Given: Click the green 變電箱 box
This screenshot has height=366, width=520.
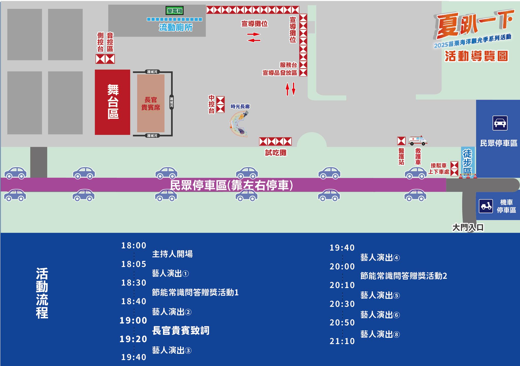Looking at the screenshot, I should (x=175, y=11).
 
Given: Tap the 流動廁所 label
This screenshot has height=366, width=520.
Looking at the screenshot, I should (x=176, y=27).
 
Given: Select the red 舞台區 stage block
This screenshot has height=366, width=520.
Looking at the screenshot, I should (x=112, y=102).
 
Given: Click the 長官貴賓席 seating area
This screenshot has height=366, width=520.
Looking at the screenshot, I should (x=151, y=103).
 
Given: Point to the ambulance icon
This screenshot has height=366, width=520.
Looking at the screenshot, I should (x=418, y=140).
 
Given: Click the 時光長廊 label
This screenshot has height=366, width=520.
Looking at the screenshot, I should (x=240, y=107).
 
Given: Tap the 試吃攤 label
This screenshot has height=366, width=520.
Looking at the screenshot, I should (x=276, y=153).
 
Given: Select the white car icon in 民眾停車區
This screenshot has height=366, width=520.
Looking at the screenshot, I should (x=500, y=123).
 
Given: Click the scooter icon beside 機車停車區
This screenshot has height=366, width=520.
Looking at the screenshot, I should (x=486, y=206).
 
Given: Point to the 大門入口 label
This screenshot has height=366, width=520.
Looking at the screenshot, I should (x=468, y=227).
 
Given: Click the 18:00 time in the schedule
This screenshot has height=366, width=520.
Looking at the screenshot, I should (x=134, y=245).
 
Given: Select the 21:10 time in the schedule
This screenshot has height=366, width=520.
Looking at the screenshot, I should (x=342, y=341).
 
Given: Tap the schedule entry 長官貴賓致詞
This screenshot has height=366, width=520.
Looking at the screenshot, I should (x=181, y=330).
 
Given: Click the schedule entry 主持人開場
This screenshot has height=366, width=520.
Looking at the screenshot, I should (x=172, y=254).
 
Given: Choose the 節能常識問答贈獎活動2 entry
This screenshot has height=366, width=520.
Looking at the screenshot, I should (x=403, y=276).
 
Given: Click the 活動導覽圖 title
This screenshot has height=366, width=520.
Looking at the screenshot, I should (x=476, y=56).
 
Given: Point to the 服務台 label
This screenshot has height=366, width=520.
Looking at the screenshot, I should (x=288, y=65).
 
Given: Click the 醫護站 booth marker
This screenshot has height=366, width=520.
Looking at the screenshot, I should (x=401, y=141).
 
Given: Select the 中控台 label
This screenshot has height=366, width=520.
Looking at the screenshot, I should (x=212, y=104).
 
